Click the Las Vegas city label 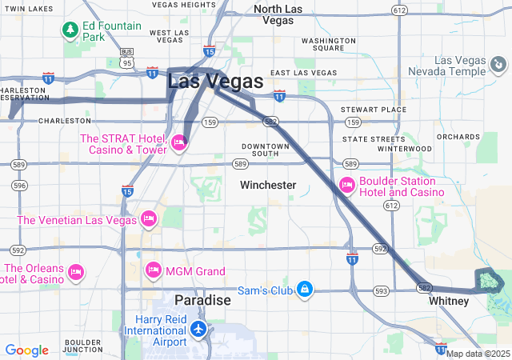(214, 81)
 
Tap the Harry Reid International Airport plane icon (198, 329)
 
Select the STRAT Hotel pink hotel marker (178, 143)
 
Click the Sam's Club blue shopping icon (304, 289)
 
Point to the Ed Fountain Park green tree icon (70, 30)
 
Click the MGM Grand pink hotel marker (153, 271)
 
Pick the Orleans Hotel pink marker (77, 273)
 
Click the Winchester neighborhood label (268, 185)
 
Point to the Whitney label (449, 301)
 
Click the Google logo (26, 350)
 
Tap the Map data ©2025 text (478, 354)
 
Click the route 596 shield (19, 186)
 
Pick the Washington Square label (329, 43)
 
